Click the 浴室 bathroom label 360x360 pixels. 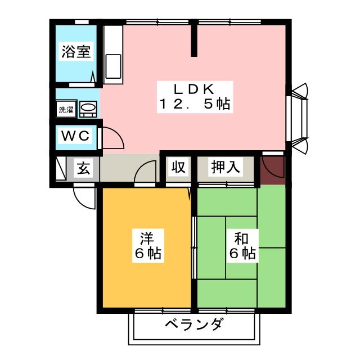(x=76, y=52)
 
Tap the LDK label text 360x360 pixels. (x=194, y=89)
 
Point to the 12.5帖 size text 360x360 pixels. (x=194, y=105)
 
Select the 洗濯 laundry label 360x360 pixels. (x=66, y=110)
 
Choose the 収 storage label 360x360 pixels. (x=178, y=167)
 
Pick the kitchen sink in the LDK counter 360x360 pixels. (x=112, y=63)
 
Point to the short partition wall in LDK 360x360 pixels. (x=194, y=39)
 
